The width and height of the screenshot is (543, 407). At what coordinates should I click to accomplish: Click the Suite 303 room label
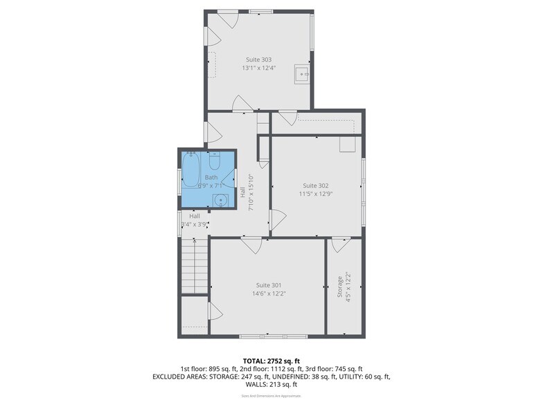[258, 60]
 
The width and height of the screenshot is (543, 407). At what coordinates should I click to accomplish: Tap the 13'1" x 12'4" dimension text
[258, 68]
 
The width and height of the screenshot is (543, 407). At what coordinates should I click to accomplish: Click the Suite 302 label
[315, 186]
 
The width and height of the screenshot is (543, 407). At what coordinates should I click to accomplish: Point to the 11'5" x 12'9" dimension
[315, 194]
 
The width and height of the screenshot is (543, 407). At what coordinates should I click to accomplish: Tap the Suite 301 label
[268, 284]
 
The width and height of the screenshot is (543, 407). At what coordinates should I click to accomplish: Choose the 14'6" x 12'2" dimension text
[268, 293]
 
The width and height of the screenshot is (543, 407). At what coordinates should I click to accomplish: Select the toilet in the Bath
[214, 162]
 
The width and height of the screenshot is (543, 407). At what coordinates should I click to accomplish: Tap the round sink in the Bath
[220, 201]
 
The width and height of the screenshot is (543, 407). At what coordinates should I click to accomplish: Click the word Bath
[211, 178]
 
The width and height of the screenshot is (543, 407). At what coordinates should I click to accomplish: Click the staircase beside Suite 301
[195, 266]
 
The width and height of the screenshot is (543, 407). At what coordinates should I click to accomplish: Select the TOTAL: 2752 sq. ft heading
[271, 361]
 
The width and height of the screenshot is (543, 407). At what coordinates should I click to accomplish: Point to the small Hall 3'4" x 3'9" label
[195, 220]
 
